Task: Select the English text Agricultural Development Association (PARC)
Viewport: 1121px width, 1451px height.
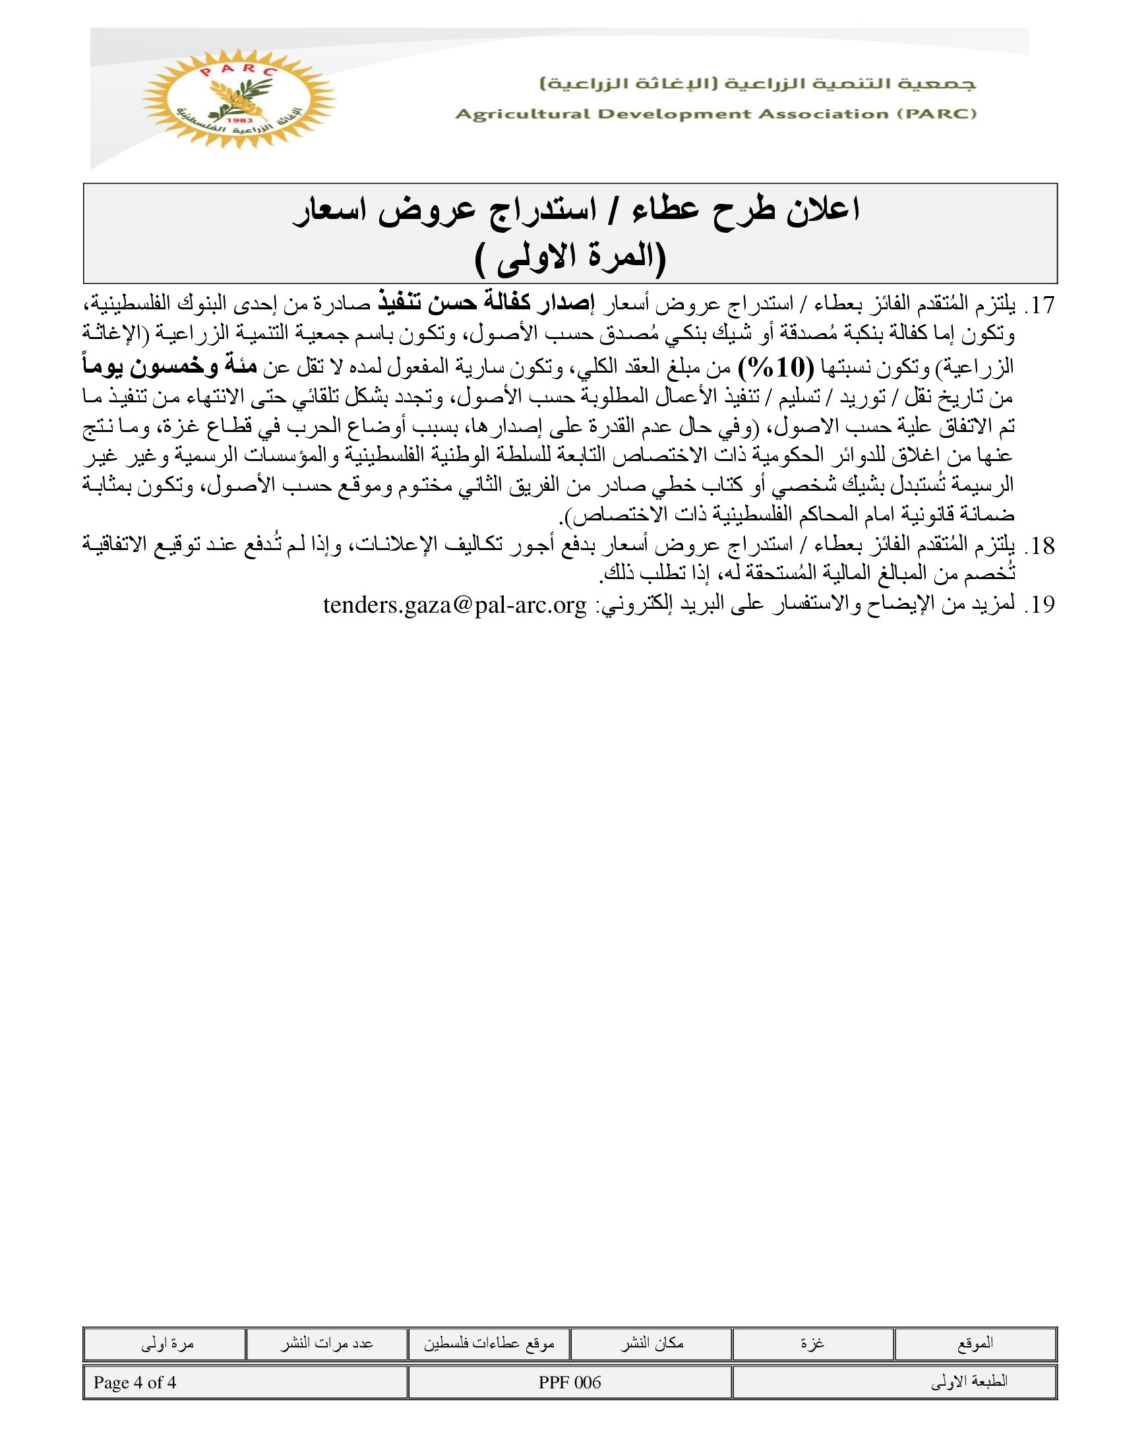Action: click(715, 114)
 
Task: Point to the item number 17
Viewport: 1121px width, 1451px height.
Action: click(1039, 306)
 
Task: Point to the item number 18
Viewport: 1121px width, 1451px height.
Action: click(1039, 546)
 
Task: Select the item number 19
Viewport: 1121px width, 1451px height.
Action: click(1039, 605)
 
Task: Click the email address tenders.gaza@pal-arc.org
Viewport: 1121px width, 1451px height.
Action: click(455, 605)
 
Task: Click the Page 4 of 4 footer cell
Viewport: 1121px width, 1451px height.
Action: click(135, 1382)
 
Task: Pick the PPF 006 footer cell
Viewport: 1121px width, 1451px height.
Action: click(570, 1382)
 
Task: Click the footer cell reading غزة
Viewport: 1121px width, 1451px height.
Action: click(813, 1343)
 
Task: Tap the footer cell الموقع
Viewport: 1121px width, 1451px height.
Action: click(975, 1343)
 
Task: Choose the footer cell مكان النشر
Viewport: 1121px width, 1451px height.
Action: click(651, 1343)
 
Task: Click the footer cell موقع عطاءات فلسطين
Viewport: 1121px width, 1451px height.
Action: click(489, 1343)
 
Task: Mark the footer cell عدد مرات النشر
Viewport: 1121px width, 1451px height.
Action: click(326, 1343)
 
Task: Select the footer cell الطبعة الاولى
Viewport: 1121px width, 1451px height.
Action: click(969, 1382)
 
